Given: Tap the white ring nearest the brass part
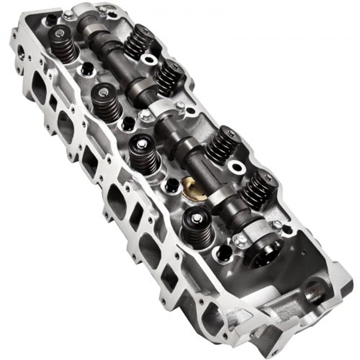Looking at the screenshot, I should click(x=236, y=167).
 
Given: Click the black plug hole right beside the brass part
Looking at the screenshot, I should click(x=172, y=184).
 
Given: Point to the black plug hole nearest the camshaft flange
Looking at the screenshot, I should click(x=224, y=253).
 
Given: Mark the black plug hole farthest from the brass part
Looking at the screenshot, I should click(x=50, y=19).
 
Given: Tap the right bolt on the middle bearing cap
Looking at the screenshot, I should click(x=180, y=106).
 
